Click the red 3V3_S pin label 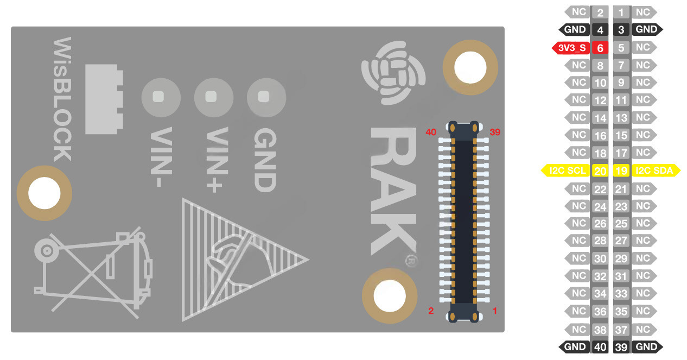[x=571, y=48]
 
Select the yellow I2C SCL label [x=566, y=170]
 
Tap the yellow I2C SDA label [x=656, y=170]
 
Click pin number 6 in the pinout [x=600, y=48]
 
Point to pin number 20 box [x=600, y=170]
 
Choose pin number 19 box [x=621, y=170]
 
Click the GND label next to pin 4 [x=574, y=30]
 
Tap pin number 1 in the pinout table [x=621, y=12]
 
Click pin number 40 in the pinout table [x=600, y=347]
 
